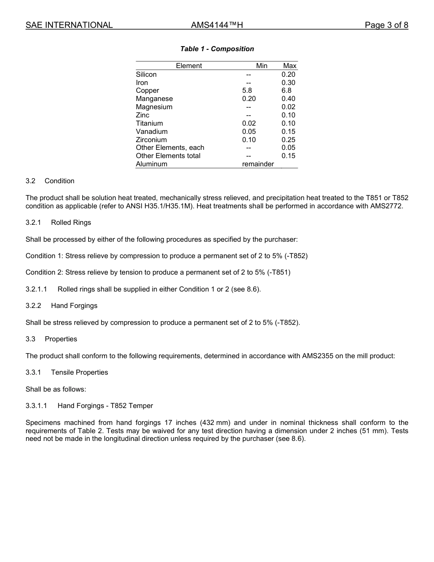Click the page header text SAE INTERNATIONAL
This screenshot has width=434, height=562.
click(x=69, y=25)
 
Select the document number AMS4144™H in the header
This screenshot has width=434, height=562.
click(x=217, y=25)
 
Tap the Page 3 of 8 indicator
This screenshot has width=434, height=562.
click(x=386, y=25)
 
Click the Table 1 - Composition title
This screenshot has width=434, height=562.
click(x=217, y=49)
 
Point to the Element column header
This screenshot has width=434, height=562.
click(x=189, y=66)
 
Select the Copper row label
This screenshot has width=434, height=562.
click(x=148, y=90)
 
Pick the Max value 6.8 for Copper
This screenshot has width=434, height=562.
click(x=286, y=90)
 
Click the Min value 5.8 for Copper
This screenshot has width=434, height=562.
click(x=247, y=90)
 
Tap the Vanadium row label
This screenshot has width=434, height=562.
click(x=152, y=132)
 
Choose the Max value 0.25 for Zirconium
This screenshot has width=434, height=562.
click(x=288, y=140)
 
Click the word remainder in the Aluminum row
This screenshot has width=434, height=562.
click(x=258, y=164)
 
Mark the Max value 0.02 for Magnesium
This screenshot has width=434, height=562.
click(x=288, y=107)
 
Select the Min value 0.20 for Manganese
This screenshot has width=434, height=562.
click(x=249, y=99)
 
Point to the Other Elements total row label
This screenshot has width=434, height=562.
click(x=168, y=156)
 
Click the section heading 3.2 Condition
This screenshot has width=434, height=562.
click(x=50, y=181)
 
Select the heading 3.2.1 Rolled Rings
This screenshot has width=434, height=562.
click(x=58, y=223)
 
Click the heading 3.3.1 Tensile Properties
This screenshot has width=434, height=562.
click(x=67, y=372)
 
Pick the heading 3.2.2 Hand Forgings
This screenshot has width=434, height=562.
click(x=62, y=306)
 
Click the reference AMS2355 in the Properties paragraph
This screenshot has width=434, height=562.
click(x=318, y=356)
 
